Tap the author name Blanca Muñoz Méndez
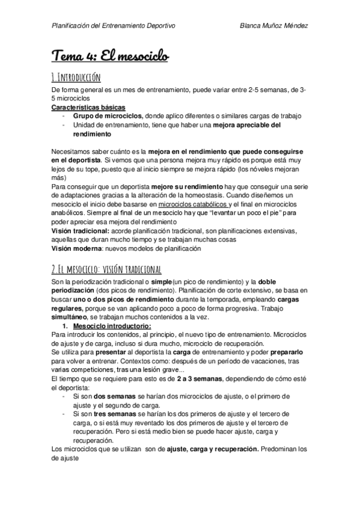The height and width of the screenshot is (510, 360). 273,25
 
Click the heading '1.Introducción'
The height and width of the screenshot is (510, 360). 76,77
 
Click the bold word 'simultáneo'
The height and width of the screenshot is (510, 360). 70,315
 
